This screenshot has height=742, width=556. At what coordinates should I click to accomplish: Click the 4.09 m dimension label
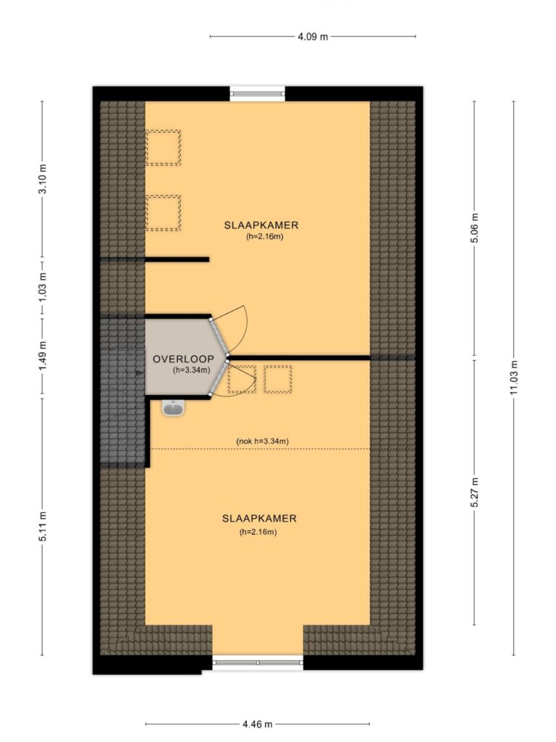pos(313,36)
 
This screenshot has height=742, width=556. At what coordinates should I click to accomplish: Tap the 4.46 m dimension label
pos(257,724)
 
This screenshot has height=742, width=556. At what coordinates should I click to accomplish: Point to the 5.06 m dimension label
pos(475,228)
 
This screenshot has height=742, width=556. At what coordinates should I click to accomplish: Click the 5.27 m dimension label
pos(475,492)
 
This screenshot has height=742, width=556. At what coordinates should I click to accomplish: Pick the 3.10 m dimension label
pos(43,178)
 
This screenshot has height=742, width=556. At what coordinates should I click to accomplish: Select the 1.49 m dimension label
pos(43,357)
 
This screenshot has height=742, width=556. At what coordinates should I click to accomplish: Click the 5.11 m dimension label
pos(43,526)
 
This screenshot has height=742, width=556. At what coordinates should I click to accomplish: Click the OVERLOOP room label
pos(183,359)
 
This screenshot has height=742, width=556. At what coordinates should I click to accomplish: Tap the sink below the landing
pos(173,407)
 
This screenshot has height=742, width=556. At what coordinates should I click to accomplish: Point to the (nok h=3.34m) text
pos(262,441)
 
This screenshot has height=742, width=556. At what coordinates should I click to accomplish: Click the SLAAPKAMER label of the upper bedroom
pos(261,225)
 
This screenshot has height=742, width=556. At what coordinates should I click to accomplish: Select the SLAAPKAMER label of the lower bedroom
pos(259,519)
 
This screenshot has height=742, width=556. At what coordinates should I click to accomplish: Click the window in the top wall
pos(258,93)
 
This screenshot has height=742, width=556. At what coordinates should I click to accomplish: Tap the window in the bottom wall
pos(258,662)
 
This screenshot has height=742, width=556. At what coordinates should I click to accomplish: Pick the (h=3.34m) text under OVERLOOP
pos(191,370)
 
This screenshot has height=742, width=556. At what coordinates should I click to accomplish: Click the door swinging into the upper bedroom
pos(229,330)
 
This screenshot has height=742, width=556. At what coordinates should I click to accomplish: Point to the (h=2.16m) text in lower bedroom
pos(258,532)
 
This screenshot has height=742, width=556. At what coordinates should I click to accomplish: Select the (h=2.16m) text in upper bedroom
pos(265,237)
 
